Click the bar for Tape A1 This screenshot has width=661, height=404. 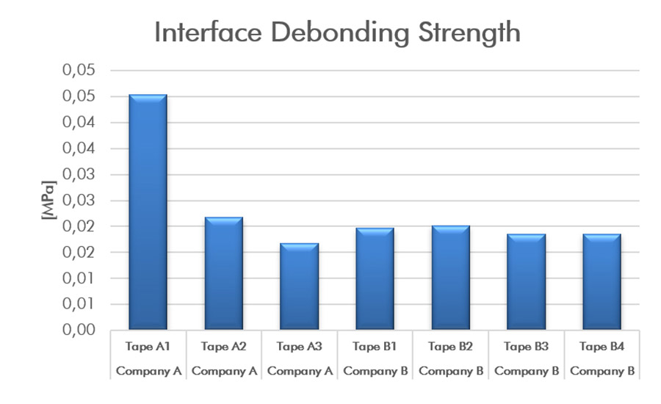point(148,212)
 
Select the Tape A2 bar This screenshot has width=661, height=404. point(223,273)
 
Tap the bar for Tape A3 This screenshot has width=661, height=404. point(299,286)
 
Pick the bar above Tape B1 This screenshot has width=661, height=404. point(375,279)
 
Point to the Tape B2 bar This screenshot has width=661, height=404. point(450,278)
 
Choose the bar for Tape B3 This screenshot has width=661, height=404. point(526,282)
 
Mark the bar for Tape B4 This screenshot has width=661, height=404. point(602,282)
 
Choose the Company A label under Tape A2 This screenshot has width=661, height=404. point(223,371)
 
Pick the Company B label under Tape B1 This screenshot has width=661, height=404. point(375,371)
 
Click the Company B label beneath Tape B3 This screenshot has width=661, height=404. point(526,371)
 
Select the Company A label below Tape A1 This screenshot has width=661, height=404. point(148,371)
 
